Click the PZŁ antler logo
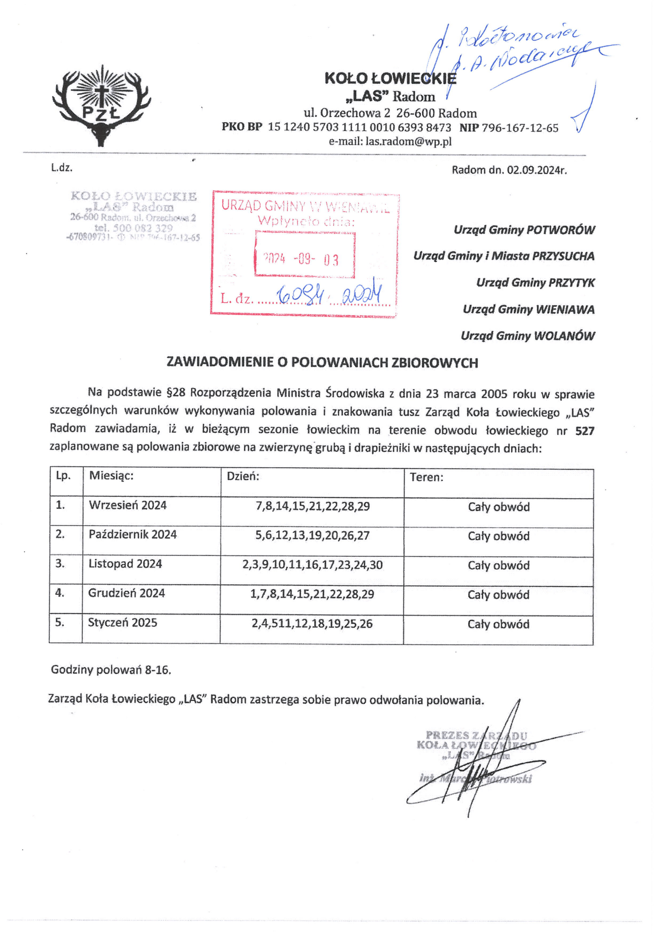coord(102,105)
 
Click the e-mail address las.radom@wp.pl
coord(409,141)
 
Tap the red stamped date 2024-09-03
coord(301,259)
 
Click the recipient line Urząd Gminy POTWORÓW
coord(524,230)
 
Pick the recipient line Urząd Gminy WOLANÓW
coord(528,336)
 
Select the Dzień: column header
coord(243,476)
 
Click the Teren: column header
coord(426,477)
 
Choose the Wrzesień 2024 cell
coord(128,505)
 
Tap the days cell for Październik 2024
coord(312,535)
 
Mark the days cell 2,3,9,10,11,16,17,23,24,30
coord(312,565)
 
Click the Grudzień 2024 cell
coord(126,593)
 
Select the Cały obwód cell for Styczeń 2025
coord(498,624)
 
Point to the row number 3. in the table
coord(60,563)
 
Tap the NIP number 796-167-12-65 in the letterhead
coord(520,128)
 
